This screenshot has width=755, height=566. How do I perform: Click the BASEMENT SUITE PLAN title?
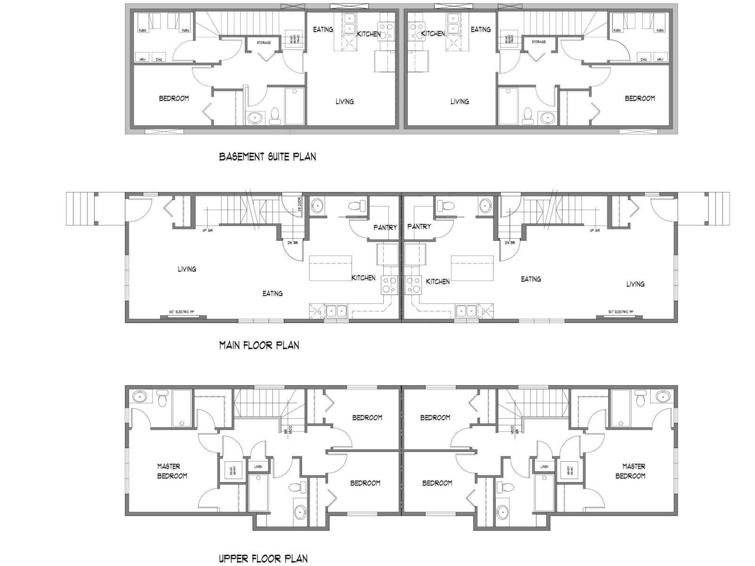pos(268,157)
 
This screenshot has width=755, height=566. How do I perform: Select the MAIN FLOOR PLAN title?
pos(259,345)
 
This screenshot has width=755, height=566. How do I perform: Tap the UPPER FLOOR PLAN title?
pos(263,559)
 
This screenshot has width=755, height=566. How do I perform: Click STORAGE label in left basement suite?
pos(264,43)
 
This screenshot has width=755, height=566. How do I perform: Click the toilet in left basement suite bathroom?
pos(275,116)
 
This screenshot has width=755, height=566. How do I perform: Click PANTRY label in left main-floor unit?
pos(385,227)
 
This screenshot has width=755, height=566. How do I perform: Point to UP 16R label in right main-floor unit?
pos(595,230)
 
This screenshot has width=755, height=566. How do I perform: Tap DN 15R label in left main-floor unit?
pos(292,243)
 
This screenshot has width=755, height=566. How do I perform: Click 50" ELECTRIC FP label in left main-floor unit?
pos(181,312)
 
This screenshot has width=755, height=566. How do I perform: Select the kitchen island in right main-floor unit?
pos(472,268)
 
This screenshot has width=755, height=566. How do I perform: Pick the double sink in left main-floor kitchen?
pos(337,311)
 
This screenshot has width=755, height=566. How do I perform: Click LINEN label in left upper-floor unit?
pos(258,466)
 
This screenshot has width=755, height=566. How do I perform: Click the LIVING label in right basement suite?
pos(459,101)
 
